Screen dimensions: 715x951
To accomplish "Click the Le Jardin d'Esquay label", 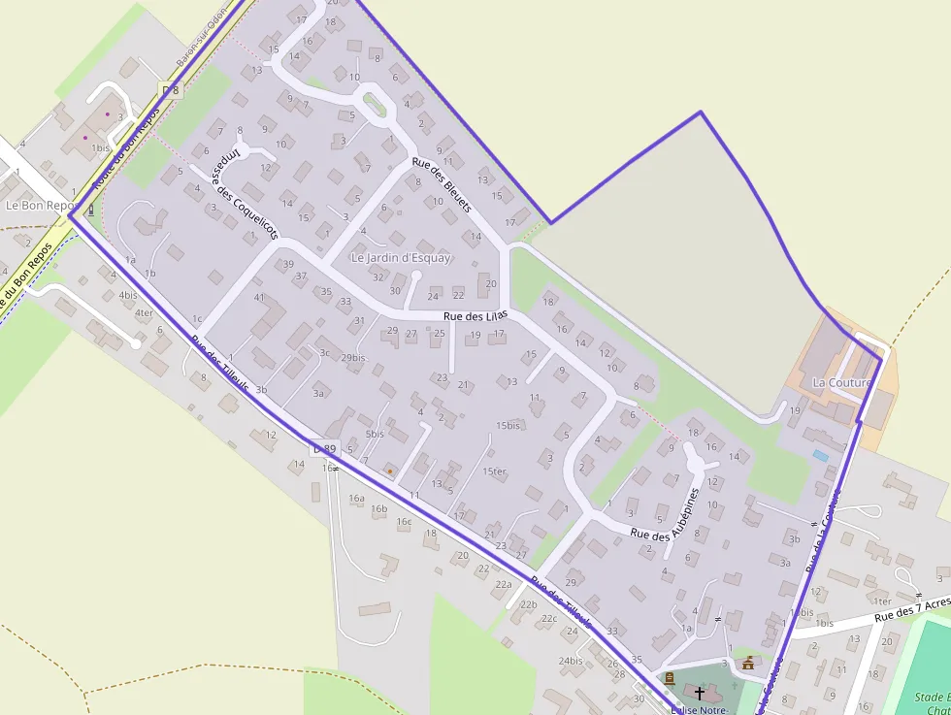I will (x=401, y=258).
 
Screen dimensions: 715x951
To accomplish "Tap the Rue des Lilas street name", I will (x=475, y=316).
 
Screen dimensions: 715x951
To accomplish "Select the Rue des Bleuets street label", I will (x=442, y=185).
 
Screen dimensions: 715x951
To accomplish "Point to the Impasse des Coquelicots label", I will (x=245, y=195).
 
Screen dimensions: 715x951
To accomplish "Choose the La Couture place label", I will (x=841, y=383).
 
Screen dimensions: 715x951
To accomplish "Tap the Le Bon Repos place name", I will (x=40, y=206).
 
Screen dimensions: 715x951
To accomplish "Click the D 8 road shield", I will (x=171, y=90).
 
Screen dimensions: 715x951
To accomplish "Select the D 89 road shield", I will (x=323, y=449).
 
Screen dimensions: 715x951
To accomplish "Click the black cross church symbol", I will (x=699, y=693).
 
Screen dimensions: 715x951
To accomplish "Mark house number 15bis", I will (x=508, y=426).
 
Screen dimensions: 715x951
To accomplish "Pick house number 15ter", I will (x=495, y=472).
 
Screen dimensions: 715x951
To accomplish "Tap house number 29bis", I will (x=353, y=358).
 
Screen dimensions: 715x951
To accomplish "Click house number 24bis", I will (x=571, y=661).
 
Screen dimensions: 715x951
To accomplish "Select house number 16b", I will (x=378, y=508).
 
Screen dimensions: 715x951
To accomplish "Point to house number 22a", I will (x=503, y=584).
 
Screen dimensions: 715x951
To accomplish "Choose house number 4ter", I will (x=144, y=312).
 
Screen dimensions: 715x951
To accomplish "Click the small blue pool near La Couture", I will (x=821, y=455).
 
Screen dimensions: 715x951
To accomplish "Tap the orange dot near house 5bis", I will (x=390, y=471).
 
